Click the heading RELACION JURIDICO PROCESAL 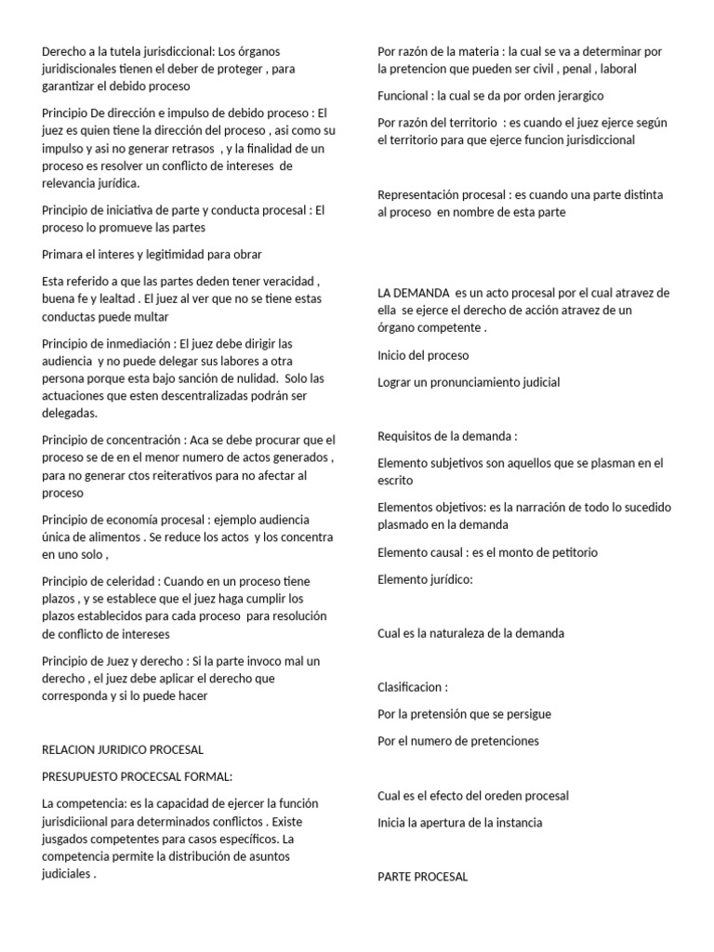pyautogui.click(x=123, y=749)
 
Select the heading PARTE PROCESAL pyautogui.click(x=423, y=877)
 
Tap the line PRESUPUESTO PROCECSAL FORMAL pyautogui.click(x=138, y=775)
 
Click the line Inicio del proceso pyautogui.click(x=423, y=355)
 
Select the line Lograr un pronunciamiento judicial pyautogui.click(x=469, y=382)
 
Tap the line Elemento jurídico pyautogui.click(x=425, y=579)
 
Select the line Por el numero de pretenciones pyautogui.click(x=458, y=741)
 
